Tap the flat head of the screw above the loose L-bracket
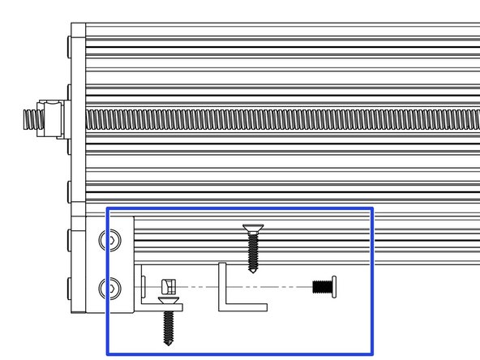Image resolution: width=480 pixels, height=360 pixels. tap(251, 227)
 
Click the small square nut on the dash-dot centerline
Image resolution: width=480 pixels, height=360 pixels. tap(169, 286)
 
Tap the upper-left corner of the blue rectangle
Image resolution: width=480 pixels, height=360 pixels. tap(108, 208)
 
